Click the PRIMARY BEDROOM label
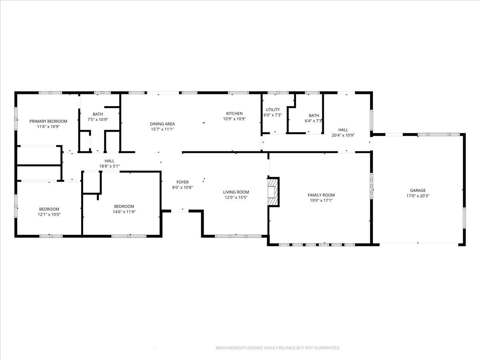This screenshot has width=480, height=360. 48,121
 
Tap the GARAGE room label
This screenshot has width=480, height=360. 418,190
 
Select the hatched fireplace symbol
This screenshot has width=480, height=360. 273,192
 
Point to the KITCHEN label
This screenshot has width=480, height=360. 234,114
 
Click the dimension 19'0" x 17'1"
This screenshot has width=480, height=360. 321,200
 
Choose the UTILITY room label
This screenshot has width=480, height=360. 273,110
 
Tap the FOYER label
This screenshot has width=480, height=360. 182,182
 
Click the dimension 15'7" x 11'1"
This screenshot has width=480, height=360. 162,129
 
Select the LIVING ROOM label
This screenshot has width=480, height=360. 236,192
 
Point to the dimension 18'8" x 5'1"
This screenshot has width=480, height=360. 110,166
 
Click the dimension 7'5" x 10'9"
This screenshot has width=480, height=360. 98,120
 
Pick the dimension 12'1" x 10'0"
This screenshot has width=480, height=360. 49,214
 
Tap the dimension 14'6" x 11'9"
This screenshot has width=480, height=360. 124,212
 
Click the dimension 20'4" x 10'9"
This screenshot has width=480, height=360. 343,135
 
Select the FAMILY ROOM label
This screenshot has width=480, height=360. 321,195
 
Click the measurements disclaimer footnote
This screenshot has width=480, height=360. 278,348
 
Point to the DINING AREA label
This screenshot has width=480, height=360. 162,124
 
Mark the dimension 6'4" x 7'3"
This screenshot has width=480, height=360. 313,121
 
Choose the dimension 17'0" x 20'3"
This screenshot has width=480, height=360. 418,196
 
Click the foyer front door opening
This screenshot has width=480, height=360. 180,211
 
